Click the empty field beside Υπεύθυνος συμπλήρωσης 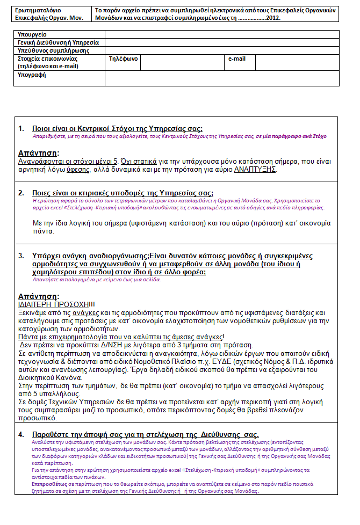(221, 50)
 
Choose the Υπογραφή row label (32, 75)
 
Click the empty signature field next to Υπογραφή (221, 78)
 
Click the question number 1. (21, 129)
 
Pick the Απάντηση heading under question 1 (38, 152)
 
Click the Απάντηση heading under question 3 (38, 296)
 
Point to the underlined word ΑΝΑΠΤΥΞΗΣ (255, 170)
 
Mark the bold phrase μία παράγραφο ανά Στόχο (294, 136)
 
